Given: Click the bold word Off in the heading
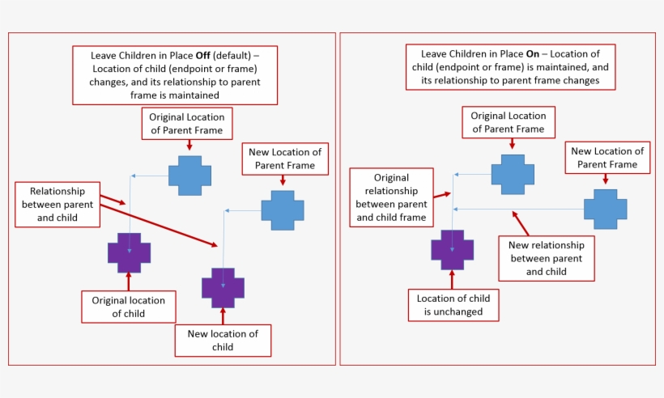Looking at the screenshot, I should tap(206, 56).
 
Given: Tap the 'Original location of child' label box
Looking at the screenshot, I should tap(128, 307).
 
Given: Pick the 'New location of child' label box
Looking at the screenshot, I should tap(223, 340).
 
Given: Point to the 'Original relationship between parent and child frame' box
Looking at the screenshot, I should tap(391, 197).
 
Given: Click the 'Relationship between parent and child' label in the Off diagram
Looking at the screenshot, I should tap(62, 205).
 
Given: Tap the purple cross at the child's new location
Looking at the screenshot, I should tap(223, 287).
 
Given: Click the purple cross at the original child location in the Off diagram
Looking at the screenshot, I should tap(129, 252).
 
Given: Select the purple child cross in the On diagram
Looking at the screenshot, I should tap(452, 250).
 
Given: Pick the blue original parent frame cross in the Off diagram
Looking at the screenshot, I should tap(189, 174).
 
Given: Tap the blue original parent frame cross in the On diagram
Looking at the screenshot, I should tap(513, 174).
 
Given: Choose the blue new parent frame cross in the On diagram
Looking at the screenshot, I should tap(605, 210).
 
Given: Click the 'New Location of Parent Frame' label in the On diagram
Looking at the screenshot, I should tap(607, 158).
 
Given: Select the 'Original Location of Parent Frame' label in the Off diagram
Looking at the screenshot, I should tap(186, 123).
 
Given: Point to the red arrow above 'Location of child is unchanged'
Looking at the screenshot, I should tap(452, 280).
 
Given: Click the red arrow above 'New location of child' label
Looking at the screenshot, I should tap(223, 316).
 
